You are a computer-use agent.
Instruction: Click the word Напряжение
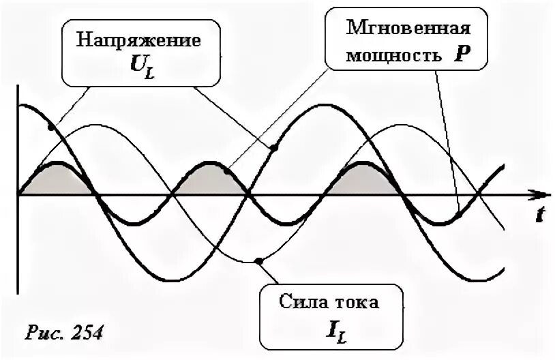[x=138, y=40]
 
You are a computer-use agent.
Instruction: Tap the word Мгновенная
[x=408, y=29]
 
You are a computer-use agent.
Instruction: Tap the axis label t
[x=539, y=215]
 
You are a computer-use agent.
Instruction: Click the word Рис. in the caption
[x=44, y=333]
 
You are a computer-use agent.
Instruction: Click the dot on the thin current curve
[x=258, y=260]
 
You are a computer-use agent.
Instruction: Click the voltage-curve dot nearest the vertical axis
[x=50, y=126]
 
